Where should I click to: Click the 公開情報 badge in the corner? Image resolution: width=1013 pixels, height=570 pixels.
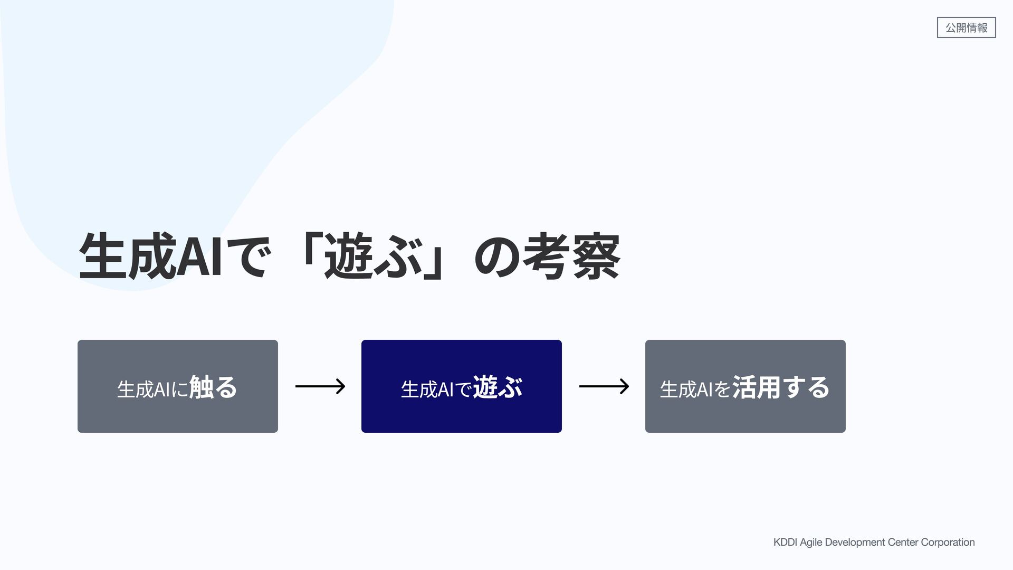coord(966,27)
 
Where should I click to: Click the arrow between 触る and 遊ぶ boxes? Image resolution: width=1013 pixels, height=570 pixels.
coord(320,386)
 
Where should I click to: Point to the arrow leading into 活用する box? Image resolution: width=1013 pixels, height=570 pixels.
coord(604,386)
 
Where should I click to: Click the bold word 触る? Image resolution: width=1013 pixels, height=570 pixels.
coord(213,387)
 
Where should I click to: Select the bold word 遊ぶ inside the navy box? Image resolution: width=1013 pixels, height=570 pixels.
coord(497,387)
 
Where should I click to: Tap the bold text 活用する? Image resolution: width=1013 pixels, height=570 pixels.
coord(780,387)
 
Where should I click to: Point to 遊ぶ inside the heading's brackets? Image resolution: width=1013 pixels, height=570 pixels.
coord(373,257)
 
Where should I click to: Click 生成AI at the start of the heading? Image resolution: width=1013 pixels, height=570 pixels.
coord(150,257)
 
